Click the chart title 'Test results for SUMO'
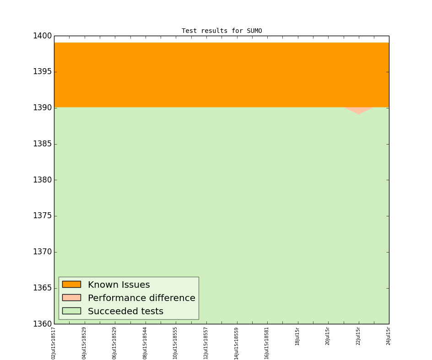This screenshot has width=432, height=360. (221, 31)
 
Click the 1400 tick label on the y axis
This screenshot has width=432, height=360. (42, 36)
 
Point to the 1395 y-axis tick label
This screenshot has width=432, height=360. (42, 72)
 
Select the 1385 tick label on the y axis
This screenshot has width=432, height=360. (42, 144)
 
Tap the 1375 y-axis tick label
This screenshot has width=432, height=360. (42, 216)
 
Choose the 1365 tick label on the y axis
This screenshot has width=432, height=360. (42, 288)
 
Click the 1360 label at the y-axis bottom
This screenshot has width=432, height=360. (42, 324)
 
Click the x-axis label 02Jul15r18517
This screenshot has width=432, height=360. (54, 343)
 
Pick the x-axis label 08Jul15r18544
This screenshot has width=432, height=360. (145, 343)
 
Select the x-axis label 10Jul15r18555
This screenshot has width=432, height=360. (175, 343)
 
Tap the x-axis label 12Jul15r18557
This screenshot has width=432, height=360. (206, 343)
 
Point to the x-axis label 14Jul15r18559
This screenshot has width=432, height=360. (237, 343)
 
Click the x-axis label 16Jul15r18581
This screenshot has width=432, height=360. (267, 343)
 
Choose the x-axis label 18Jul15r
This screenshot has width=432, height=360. (297, 336)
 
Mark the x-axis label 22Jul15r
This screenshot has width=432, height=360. (358, 336)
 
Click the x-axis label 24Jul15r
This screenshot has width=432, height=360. (389, 336)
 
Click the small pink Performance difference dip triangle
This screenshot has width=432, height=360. (358, 110)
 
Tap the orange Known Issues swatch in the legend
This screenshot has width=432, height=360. (71, 285)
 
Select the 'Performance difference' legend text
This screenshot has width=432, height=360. (141, 298)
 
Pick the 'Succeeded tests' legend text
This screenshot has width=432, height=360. (125, 312)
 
